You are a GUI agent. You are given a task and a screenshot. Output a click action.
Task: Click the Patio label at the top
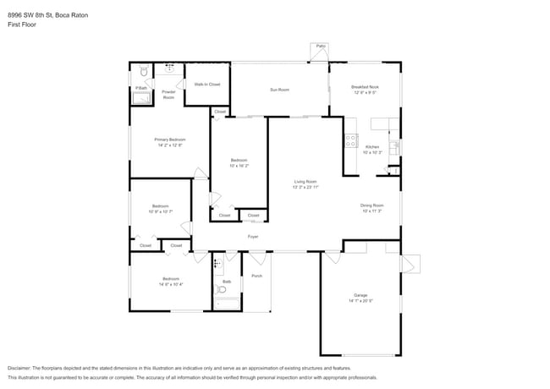click(321, 46)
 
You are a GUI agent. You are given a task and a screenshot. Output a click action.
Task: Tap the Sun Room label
click(279, 90)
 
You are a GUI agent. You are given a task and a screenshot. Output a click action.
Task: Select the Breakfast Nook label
click(365, 87)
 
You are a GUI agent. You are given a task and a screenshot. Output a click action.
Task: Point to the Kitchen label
click(373, 147)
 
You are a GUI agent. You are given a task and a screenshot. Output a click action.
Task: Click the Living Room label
click(305, 182)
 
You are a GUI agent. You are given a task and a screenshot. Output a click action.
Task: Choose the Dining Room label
click(372, 205)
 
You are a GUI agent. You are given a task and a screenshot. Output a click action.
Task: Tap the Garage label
click(360, 295)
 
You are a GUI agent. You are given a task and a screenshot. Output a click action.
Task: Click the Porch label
click(256, 276)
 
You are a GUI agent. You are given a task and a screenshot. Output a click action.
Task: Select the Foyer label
click(252, 238)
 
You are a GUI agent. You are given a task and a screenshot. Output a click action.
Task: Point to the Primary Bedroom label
click(170, 140)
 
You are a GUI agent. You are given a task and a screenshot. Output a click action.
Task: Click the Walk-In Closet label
click(206, 85)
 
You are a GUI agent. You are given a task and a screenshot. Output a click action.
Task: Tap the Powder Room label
click(168, 95)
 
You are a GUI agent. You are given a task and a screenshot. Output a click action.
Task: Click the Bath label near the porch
click(227, 282)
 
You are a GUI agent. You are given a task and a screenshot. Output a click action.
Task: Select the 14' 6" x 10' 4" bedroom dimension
click(171, 284)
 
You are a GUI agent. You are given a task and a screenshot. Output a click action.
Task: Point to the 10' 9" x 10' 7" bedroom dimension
click(161, 211)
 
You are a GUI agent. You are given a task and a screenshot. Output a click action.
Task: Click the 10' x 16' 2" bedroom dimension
click(239, 166)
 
